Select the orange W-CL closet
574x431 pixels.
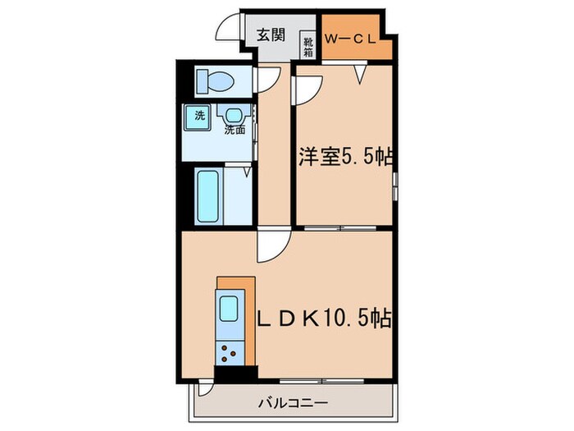click(x=355, y=38)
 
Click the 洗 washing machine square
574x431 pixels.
click(x=198, y=116)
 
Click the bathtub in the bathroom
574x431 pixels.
click(x=208, y=195)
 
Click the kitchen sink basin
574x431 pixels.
click(x=228, y=311)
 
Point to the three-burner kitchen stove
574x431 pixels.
click(x=228, y=351)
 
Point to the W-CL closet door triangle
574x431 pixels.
click(x=359, y=76)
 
